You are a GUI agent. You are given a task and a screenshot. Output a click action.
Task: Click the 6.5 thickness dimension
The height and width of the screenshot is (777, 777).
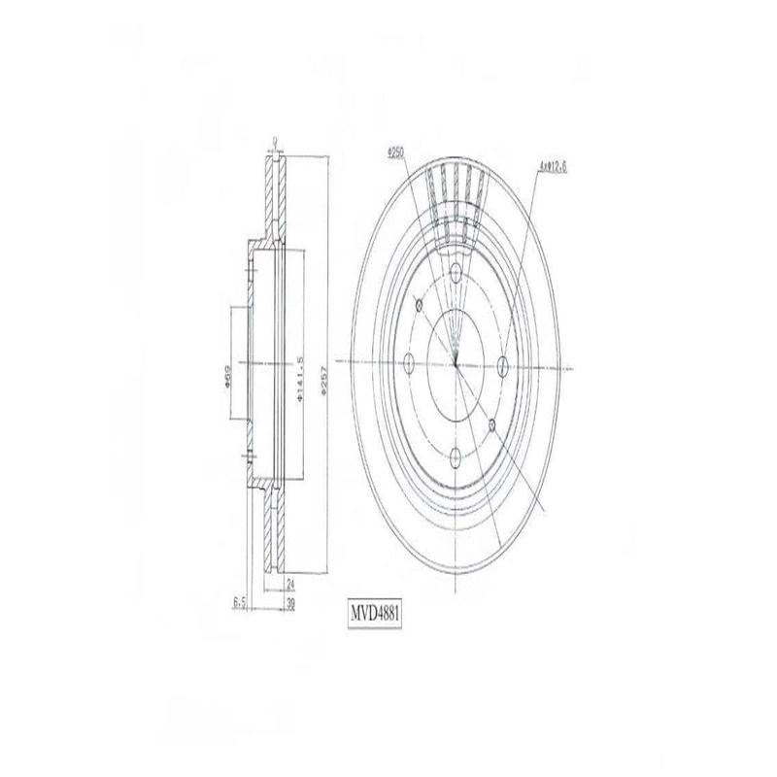(x=238, y=602)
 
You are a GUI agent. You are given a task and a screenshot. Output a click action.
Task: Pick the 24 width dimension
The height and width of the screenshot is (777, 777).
(x=290, y=584)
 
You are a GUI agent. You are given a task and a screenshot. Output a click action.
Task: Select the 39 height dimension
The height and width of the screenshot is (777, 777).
(x=290, y=602)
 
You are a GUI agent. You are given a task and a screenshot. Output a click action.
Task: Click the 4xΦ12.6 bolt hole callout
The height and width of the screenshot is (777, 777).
(x=552, y=166)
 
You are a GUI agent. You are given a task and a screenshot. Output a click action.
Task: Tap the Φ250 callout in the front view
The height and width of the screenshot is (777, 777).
(x=394, y=152)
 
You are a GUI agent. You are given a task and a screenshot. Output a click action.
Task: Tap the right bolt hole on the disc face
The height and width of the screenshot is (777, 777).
(x=502, y=364)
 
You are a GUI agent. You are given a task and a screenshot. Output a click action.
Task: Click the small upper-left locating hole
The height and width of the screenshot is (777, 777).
(x=419, y=306)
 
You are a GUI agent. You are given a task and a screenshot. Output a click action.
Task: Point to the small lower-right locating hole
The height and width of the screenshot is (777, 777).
(x=492, y=424)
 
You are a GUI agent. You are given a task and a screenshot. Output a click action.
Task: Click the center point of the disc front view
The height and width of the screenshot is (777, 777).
(x=456, y=364)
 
